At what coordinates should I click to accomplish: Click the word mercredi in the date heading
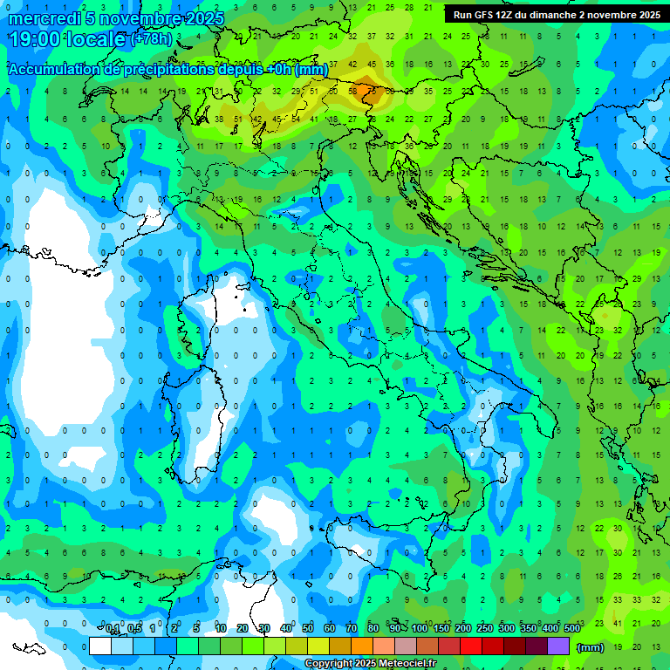point(44,18)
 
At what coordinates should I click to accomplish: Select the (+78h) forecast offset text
point(151,39)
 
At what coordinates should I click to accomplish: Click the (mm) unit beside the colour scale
point(590,647)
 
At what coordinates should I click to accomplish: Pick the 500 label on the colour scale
point(571,629)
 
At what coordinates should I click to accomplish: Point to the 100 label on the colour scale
point(419,629)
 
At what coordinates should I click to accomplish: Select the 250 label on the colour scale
point(484,629)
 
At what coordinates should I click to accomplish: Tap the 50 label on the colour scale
point(308,629)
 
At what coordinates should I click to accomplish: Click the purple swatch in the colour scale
point(558,646)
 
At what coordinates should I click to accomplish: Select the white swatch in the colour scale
point(100,646)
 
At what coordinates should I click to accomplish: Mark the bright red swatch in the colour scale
point(471,646)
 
